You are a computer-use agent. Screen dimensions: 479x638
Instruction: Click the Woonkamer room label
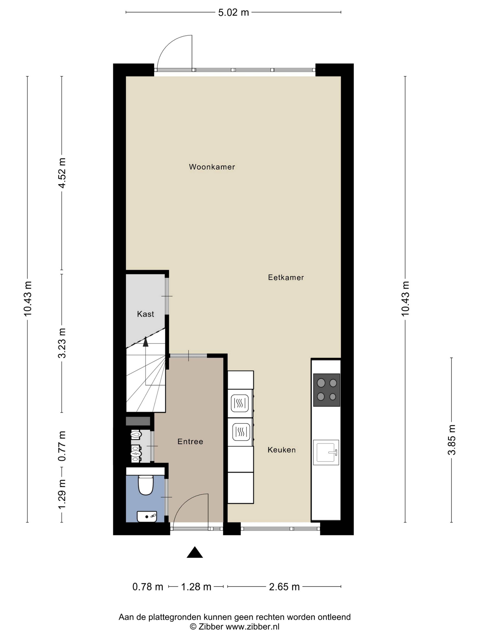212,167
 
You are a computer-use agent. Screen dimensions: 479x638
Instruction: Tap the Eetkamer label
286,278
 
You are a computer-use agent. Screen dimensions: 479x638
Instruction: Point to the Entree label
190,441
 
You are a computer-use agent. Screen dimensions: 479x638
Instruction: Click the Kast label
146,314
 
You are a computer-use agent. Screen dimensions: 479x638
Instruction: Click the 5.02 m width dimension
233,12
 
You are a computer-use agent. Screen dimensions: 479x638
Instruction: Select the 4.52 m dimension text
62,173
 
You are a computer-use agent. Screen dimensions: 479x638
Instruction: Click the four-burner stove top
327,390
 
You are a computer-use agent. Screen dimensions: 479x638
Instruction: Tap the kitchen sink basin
326,452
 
